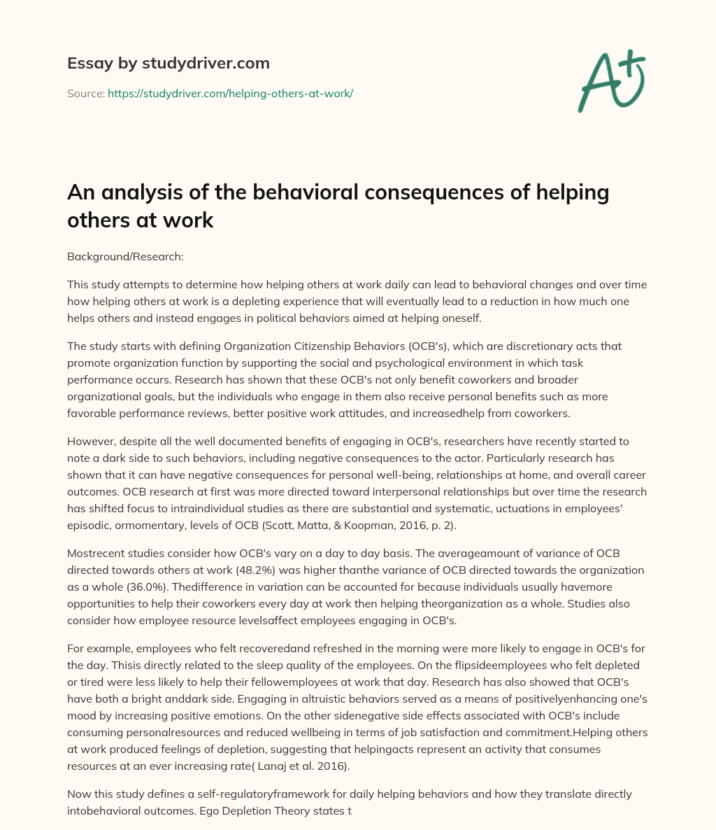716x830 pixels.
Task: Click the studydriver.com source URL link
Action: coord(230,93)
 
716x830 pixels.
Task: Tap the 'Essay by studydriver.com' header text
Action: coord(168,63)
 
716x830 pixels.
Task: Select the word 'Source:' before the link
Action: coord(85,93)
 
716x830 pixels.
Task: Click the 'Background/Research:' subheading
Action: coord(125,257)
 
